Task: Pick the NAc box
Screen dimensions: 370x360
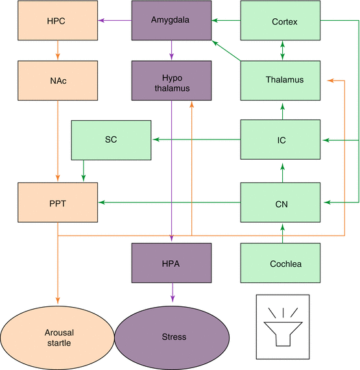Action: point(58,80)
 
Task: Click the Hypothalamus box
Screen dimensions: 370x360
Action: point(171,80)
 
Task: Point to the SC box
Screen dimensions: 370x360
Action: point(111,140)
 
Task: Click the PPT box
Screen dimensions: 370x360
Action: point(58,203)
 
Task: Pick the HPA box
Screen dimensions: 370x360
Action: point(171,263)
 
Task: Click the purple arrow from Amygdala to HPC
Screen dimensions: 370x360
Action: point(115,20)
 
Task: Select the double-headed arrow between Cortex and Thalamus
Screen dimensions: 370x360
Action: point(282,50)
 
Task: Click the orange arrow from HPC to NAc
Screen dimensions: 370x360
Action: point(58,50)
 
